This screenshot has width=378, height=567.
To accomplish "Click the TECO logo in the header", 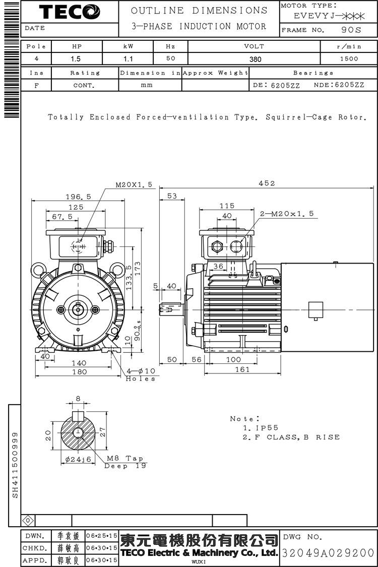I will (70, 12).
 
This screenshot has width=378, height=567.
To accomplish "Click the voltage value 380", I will (255, 58).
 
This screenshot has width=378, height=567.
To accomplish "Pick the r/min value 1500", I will (349, 58).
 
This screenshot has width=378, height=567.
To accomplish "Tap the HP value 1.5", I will (76, 58).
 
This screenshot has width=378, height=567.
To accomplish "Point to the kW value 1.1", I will (128, 58).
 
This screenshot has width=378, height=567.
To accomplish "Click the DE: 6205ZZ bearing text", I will (276, 85).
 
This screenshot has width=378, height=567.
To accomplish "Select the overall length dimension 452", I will (267, 183).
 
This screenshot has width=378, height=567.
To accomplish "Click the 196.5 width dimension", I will (78, 197).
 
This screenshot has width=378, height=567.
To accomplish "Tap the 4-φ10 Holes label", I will (140, 375).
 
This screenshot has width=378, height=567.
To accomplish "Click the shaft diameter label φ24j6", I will (78, 459).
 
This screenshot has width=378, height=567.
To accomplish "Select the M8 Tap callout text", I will (125, 459).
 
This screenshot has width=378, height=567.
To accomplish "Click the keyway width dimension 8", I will (78, 399).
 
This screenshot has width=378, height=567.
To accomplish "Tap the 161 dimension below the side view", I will (242, 369).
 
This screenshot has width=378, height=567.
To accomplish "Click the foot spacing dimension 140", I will (79, 363).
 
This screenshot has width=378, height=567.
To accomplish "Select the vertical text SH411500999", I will (15, 464).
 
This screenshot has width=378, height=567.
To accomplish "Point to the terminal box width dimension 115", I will (227, 206).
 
